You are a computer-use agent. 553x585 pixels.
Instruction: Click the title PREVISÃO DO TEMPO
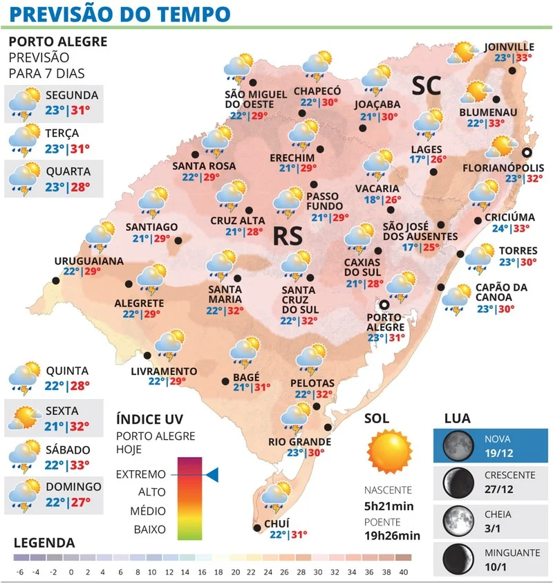click(x=121, y=13)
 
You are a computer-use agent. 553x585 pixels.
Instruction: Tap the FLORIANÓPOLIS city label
click(x=503, y=167)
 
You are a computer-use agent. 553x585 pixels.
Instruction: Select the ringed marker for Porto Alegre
click(x=384, y=304)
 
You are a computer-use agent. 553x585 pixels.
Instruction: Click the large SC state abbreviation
click(x=427, y=85)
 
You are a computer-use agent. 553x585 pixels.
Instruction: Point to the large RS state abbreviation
click(x=285, y=235)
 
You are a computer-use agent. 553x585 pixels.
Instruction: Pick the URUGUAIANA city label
click(x=88, y=261)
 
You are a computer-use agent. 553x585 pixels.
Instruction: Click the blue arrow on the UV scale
click(x=212, y=474)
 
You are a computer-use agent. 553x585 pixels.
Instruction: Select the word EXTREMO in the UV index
click(x=141, y=475)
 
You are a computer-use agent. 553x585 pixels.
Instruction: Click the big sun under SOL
click(x=390, y=451)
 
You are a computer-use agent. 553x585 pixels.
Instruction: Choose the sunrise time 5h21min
click(x=389, y=506)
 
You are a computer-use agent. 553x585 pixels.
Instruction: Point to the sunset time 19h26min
click(x=393, y=535)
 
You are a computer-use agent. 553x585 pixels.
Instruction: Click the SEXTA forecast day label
click(x=62, y=411)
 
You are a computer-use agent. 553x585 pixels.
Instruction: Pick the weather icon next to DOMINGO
click(x=23, y=492)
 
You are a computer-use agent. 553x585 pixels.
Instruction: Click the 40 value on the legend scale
click(x=404, y=572)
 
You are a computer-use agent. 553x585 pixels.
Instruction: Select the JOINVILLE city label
click(x=510, y=46)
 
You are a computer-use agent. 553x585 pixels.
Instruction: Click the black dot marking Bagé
click(x=225, y=380)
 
